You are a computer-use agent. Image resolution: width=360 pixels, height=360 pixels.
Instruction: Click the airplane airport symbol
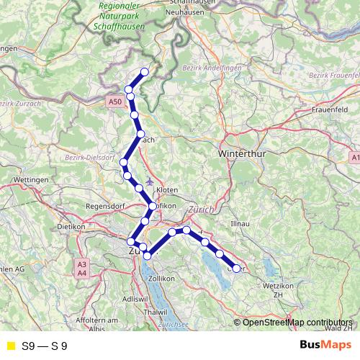pos(148,181)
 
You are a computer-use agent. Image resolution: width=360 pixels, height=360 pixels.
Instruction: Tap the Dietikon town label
pos(71,226)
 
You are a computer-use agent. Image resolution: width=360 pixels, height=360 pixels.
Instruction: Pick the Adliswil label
pos(135,297)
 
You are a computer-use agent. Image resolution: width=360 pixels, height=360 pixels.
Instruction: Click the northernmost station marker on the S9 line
pos(145,71)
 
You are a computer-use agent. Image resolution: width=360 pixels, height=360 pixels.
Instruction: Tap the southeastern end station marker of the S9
pos(236,269)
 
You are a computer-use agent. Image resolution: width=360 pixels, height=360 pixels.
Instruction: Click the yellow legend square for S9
pos(10,346)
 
